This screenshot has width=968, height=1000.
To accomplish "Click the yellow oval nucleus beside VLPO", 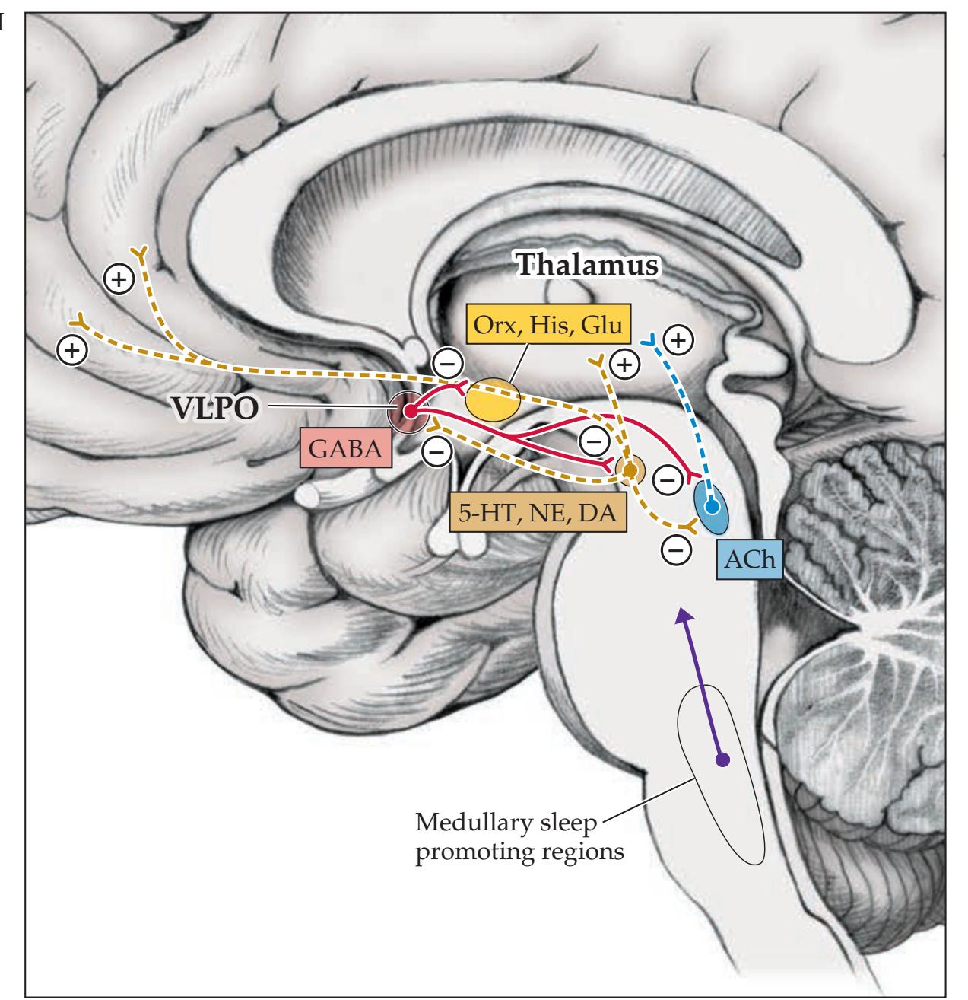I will click(494, 401).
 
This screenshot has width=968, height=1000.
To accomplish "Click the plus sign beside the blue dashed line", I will click(678, 339).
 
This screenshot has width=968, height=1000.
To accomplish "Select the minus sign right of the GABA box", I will click(436, 453).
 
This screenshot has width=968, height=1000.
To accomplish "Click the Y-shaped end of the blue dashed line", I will click(648, 339).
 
